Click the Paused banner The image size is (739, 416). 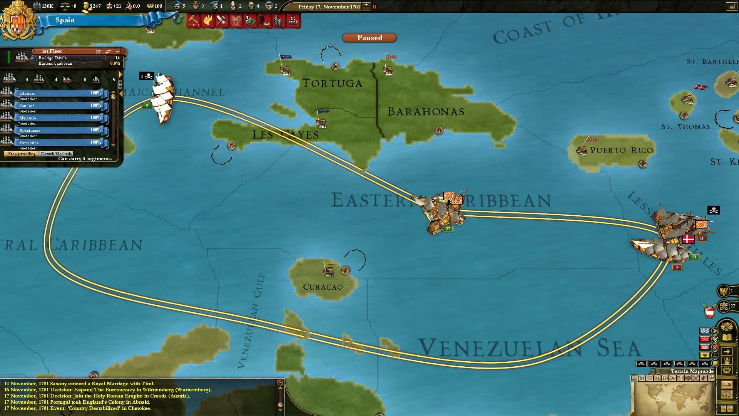point(369,38)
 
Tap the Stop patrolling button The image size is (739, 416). point(22,154)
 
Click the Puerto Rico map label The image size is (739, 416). point(621,150)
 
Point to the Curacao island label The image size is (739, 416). point(323,287)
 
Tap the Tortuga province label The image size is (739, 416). point(332,83)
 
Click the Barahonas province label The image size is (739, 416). point(426,112)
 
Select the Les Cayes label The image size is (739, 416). point(285,135)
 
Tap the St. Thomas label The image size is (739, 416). point(685,127)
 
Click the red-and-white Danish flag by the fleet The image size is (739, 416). point(688,239)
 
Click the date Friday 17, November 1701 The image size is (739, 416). point(329,7)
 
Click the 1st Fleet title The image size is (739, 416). point(52,51)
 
